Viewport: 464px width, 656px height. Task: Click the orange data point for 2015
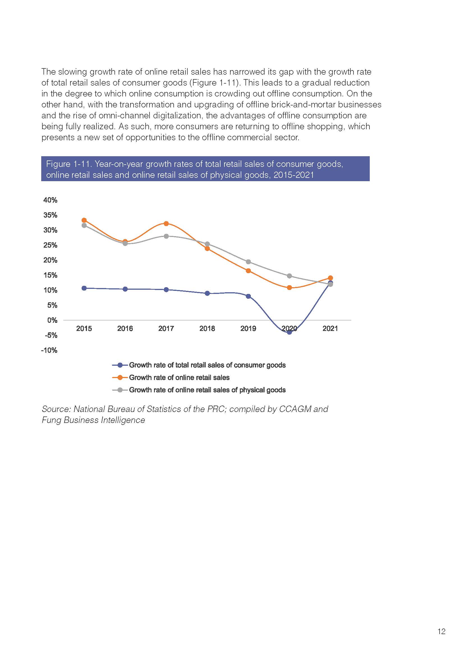(84, 220)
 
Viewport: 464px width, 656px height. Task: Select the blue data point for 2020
(290, 332)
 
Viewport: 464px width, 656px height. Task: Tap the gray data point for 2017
(166, 236)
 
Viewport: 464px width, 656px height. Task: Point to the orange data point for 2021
(330, 278)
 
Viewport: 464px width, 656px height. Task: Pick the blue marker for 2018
(207, 293)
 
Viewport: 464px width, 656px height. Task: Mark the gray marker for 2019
(248, 262)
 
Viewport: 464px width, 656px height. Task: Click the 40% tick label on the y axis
(50, 200)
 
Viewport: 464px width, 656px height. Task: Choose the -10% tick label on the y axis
(49, 350)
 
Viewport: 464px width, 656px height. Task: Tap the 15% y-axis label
(50, 275)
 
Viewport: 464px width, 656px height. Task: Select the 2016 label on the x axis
(125, 328)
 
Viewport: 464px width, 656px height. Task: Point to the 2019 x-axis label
(248, 328)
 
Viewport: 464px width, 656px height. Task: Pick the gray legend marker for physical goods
(120, 390)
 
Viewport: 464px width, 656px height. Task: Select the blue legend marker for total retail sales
(120, 365)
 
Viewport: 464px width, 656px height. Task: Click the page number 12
(442, 631)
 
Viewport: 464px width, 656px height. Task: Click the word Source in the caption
(56, 409)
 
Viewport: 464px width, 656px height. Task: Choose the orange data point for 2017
(166, 224)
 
